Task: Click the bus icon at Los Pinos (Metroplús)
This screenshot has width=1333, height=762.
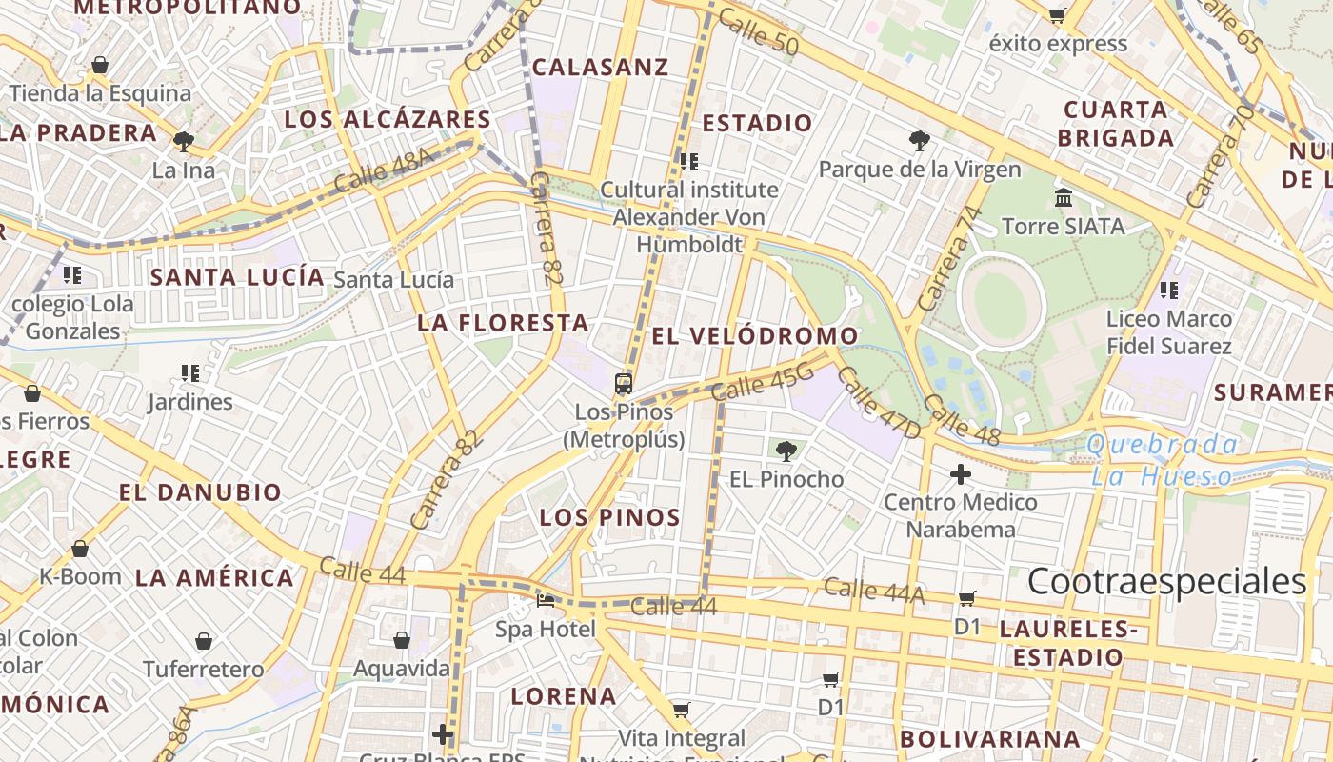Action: pyautogui.click(x=624, y=384)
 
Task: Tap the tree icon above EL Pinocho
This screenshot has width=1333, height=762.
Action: pyautogui.click(x=786, y=451)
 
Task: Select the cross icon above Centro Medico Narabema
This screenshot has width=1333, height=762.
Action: pyautogui.click(x=961, y=473)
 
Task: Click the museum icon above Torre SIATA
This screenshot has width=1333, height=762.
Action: pyautogui.click(x=1064, y=198)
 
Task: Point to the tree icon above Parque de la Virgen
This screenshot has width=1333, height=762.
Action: pyautogui.click(x=920, y=142)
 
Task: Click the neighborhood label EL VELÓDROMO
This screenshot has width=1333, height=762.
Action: pyautogui.click(x=755, y=336)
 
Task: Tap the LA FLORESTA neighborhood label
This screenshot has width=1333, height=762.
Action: pyautogui.click(x=503, y=323)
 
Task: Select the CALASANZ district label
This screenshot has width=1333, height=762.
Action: pyautogui.click(x=600, y=67)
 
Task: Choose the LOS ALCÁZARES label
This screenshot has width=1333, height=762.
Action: pyautogui.click(x=388, y=119)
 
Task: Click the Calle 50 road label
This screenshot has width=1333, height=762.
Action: pyautogui.click(x=758, y=31)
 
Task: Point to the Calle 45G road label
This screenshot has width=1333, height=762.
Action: pyautogui.click(x=763, y=383)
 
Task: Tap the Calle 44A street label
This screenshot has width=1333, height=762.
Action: pyautogui.click(x=874, y=591)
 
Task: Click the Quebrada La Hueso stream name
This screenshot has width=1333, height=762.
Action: pyautogui.click(x=1163, y=460)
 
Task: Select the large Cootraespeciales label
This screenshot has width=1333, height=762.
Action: pyautogui.click(x=1167, y=581)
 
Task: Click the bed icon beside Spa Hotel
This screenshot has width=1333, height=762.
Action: pyautogui.click(x=546, y=601)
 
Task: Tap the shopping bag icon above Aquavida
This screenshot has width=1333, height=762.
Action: pyautogui.click(x=402, y=640)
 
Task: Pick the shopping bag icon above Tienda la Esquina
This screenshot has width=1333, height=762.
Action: pyautogui.click(x=100, y=66)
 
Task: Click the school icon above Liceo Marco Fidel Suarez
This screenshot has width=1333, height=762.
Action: pyautogui.click(x=1169, y=290)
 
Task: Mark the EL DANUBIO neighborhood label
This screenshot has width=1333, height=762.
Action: pyautogui.click(x=200, y=492)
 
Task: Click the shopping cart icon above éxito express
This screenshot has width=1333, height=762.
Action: pyautogui.click(x=1057, y=15)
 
